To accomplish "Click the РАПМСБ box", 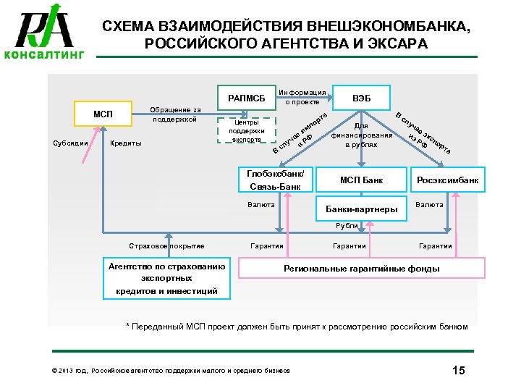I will click(x=247, y=98).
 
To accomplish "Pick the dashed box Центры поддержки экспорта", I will click(x=247, y=131).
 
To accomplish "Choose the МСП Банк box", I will click(x=362, y=180).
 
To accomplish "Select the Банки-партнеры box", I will click(x=362, y=210).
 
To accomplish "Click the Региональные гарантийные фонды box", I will click(x=361, y=269).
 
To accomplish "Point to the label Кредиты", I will click(x=124, y=143).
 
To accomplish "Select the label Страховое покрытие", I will click(x=166, y=246).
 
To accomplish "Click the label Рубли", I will click(x=347, y=226).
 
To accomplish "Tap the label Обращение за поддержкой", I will click(x=174, y=114).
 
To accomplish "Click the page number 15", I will click(x=457, y=371).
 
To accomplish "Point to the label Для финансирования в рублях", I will click(x=362, y=135).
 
